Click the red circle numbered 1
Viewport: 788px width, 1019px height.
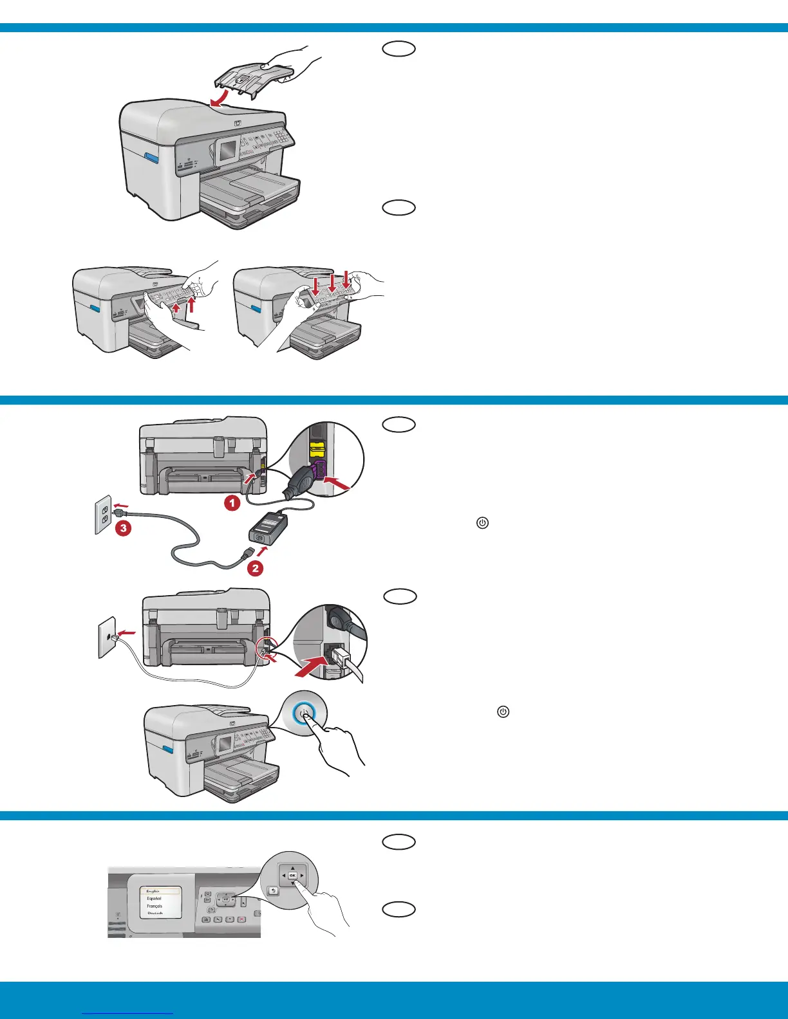pyautogui.click(x=232, y=503)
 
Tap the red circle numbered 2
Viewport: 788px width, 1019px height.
pyautogui.click(x=255, y=568)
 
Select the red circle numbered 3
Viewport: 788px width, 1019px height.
pyautogui.click(x=123, y=529)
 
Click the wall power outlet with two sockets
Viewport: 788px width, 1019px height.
pyautogui.click(x=103, y=515)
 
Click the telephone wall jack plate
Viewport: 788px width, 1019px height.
pyautogui.click(x=106, y=638)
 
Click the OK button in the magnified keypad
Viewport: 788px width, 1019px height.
pyautogui.click(x=292, y=876)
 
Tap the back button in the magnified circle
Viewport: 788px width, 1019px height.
pyautogui.click(x=273, y=890)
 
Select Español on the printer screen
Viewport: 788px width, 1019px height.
pyautogui.click(x=155, y=898)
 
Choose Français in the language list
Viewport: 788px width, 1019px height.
pyautogui.click(x=155, y=906)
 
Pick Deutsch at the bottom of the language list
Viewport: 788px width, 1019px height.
pyautogui.click(x=155, y=913)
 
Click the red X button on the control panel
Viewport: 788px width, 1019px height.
pyautogui.click(x=241, y=919)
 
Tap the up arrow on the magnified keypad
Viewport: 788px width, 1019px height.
pyautogui.click(x=292, y=867)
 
